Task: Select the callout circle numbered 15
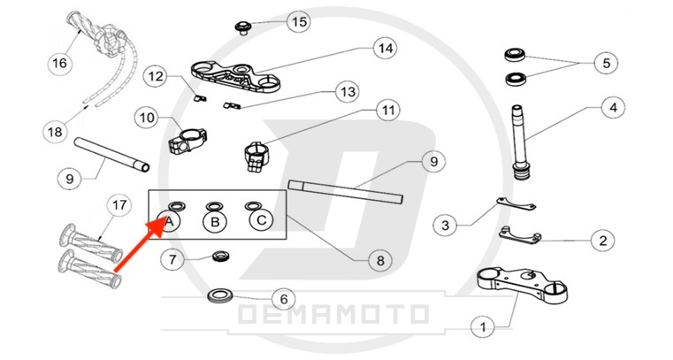click(x=297, y=21)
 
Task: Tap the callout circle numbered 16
click(x=58, y=64)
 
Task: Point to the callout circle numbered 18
click(x=55, y=132)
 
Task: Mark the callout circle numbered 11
click(x=386, y=111)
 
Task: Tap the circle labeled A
click(x=172, y=220)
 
